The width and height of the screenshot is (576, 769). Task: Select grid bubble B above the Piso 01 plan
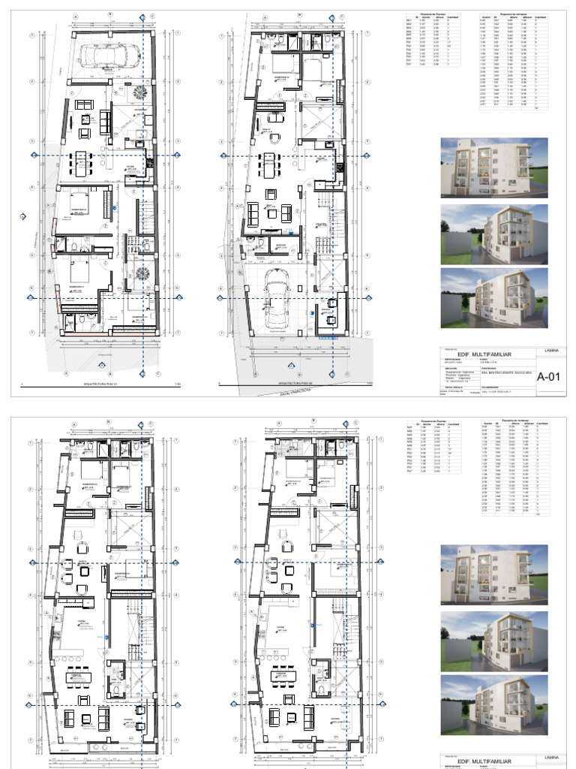pyautogui.click(x=111, y=14)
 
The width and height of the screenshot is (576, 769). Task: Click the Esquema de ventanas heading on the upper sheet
pyautogui.click(x=514, y=13)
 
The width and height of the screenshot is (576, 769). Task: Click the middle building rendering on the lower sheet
pyautogui.click(x=494, y=639)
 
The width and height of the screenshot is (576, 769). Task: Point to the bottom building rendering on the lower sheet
pyautogui.click(x=494, y=704)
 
